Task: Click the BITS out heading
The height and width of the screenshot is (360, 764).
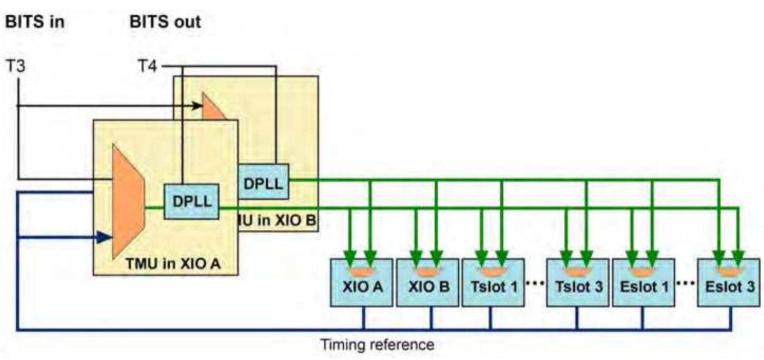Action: pyautogui.click(x=165, y=23)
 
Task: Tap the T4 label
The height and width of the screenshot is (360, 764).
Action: pyautogui.click(x=148, y=67)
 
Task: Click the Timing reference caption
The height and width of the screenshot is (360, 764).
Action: pyautogui.click(x=378, y=345)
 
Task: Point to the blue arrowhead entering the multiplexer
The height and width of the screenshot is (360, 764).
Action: pyautogui.click(x=105, y=237)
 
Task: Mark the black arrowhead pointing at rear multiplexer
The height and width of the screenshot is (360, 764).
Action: pyautogui.click(x=198, y=106)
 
